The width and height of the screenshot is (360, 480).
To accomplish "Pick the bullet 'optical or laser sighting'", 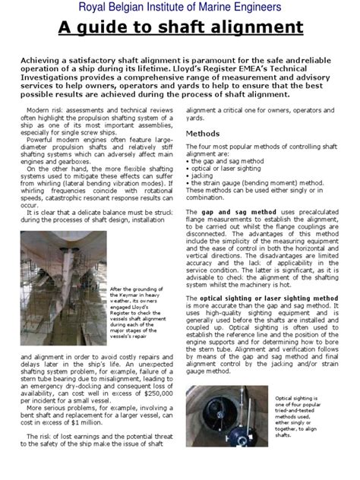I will pyautogui.click(x=221, y=167).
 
